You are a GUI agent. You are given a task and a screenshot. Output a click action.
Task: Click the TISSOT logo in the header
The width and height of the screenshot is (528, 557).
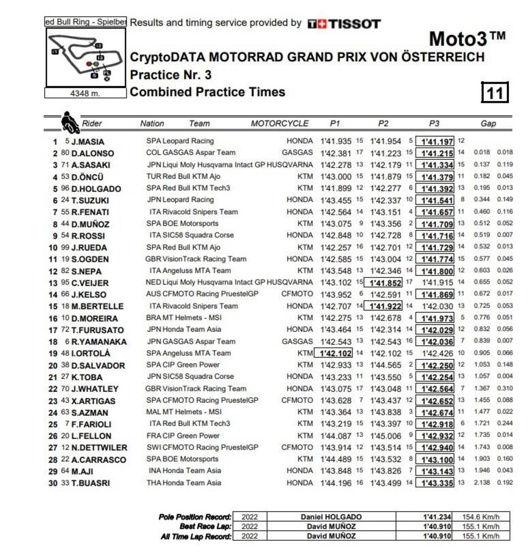[x=344, y=24]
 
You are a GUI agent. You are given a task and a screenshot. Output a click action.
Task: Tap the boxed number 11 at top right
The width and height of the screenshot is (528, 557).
[x=495, y=92]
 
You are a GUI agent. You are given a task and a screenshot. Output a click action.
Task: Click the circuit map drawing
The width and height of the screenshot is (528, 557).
[x=86, y=58]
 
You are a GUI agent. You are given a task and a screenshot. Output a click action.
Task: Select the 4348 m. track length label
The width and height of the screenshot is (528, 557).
[x=85, y=93]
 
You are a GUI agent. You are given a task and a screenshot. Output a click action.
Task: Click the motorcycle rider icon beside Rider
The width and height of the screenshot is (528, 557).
[x=70, y=122]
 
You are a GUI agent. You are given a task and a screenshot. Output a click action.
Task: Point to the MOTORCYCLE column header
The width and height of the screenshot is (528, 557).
[x=279, y=124]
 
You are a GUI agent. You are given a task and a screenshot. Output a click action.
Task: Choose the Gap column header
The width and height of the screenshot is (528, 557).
[x=488, y=124]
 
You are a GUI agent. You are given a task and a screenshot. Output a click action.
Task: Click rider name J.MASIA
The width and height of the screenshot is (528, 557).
[x=88, y=142]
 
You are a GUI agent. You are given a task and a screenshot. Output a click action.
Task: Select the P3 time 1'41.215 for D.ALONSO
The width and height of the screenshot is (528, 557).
[x=437, y=153]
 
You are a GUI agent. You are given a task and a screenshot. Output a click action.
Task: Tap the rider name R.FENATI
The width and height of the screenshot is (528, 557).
[x=90, y=212]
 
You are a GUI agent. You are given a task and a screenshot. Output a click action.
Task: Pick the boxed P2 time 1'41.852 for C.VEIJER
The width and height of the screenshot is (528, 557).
[x=385, y=283]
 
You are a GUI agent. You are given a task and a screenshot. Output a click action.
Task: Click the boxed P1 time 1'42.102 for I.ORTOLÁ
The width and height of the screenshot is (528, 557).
[x=335, y=353]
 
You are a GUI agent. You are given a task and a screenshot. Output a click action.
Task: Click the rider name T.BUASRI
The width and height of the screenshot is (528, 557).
[x=90, y=483]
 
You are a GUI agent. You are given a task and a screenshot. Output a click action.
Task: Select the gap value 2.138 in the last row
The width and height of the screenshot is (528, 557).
[x=482, y=483]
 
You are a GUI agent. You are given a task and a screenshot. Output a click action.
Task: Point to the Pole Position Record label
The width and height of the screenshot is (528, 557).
[x=195, y=517]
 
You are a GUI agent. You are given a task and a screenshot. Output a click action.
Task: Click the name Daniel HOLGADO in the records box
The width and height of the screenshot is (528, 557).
[x=331, y=517]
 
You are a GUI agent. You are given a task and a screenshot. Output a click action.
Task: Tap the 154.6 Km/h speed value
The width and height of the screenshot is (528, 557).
[x=480, y=517]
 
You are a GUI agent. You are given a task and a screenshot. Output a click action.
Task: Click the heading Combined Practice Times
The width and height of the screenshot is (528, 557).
[x=208, y=92]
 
